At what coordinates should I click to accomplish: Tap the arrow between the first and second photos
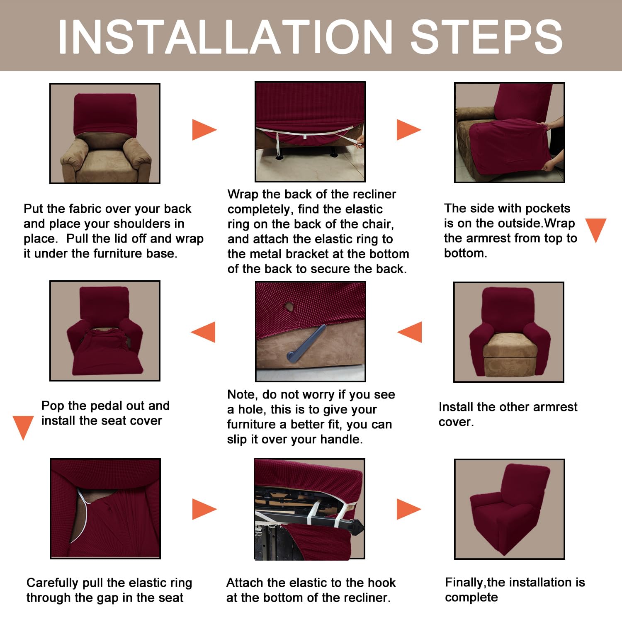[204, 130]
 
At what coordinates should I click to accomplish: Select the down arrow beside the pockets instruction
[596, 231]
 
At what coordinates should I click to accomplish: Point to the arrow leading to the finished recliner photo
[409, 509]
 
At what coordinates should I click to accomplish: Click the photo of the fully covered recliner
[510, 509]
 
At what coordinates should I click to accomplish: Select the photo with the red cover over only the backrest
[105, 134]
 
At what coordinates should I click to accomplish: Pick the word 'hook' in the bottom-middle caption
[381, 583]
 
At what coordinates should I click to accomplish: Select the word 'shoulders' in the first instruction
[142, 224]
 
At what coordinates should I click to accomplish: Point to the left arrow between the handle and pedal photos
[203, 332]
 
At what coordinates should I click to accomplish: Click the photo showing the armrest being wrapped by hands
[510, 133]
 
